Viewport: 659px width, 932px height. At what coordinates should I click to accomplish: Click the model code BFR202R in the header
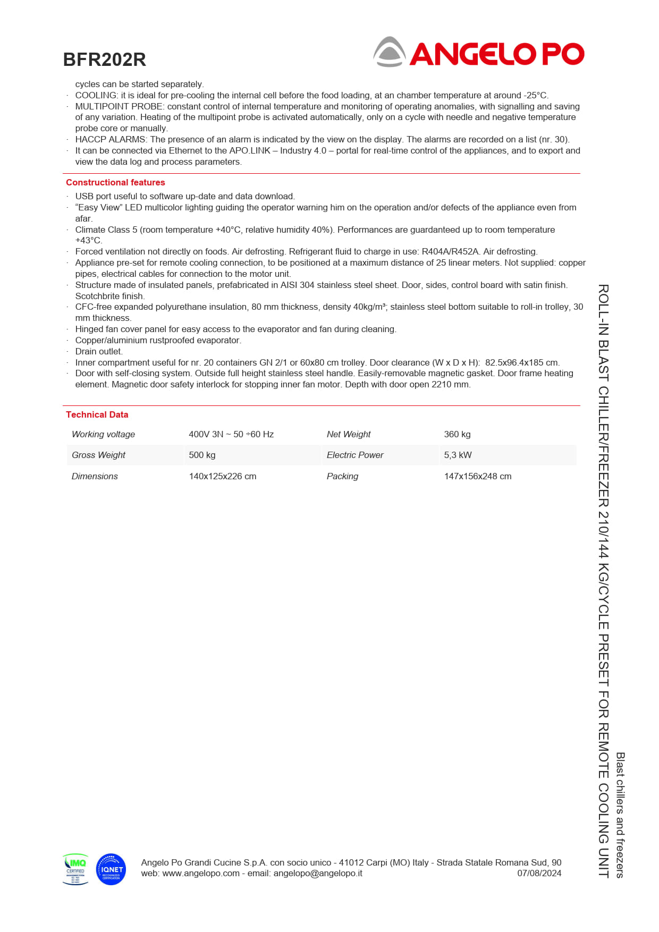(105, 60)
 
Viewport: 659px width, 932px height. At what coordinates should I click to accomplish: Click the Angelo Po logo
(478, 53)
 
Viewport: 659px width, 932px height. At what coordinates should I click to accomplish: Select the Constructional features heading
(115, 182)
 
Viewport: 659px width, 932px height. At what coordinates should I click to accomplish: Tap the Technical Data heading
(97, 414)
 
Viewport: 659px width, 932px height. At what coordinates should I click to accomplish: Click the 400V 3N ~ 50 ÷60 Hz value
(231, 434)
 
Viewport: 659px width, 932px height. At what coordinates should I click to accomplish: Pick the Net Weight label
(349, 434)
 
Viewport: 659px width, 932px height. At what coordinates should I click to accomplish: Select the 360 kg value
(457, 434)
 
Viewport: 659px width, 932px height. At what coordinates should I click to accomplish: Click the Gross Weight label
(98, 455)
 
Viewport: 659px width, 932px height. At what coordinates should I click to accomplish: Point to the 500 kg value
(202, 455)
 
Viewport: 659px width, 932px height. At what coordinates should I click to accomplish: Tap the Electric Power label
(355, 455)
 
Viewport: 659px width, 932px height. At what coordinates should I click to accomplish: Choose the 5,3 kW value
(458, 455)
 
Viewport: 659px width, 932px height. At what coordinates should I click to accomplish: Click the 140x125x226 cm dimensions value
(223, 476)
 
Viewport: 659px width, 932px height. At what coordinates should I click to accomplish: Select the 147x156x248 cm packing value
(478, 476)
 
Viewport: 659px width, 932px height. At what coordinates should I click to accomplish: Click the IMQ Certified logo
(75, 869)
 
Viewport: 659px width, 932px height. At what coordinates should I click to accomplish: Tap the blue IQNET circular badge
(111, 869)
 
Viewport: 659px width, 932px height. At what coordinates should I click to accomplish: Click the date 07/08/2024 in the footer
(539, 873)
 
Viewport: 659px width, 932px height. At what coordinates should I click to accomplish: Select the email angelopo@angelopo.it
(318, 873)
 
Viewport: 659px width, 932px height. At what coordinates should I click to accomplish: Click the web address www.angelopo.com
(201, 873)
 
